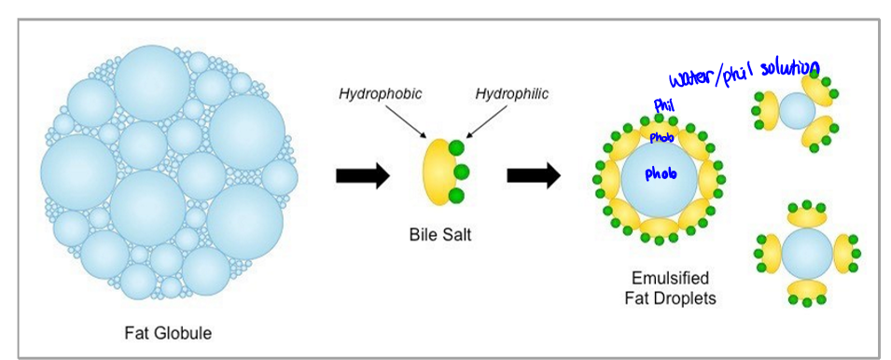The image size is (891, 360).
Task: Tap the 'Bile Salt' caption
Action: pyautogui.click(x=440, y=234)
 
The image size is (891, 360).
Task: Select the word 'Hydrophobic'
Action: pyautogui.click(x=380, y=94)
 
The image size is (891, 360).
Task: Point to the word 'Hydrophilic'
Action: pyautogui.click(x=511, y=94)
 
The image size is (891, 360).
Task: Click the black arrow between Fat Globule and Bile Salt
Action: pyautogui.click(x=362, y=174)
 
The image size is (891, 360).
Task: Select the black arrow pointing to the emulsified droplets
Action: pyautogui.click(x=533, y=174)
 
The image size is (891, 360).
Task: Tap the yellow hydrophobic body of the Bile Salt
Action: pyautogui.click(x=436, y=172)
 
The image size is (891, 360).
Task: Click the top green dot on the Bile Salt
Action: pyautogui.click(x=455, y=148)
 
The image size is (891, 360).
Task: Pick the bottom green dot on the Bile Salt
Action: pyautogui.click(x=455, y=196)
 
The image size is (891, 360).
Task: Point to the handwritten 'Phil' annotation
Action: pyautogui.click(x=663, y=105)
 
